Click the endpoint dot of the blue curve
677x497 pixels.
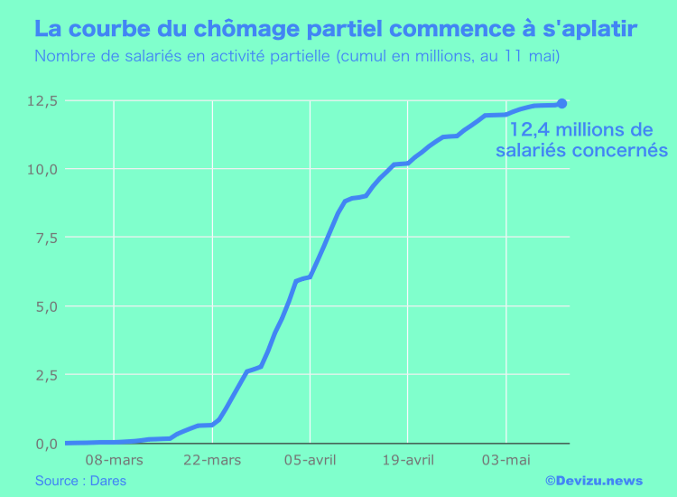point(562,104)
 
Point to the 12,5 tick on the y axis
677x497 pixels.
point(42,100)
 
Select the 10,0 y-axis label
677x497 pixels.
point(42,169)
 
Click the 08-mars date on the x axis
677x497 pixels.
point(114,460)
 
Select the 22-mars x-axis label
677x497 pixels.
point(211,460)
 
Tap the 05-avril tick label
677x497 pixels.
point(310,460)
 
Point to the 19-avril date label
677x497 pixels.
point(407,460)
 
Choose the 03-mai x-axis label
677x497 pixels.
point(505,460)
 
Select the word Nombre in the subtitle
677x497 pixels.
point(61,57)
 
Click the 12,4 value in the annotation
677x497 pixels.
point(529,129)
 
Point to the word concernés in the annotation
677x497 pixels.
point(617,150)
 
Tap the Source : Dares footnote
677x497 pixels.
point(80,481)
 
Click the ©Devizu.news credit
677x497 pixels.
point(593,481)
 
